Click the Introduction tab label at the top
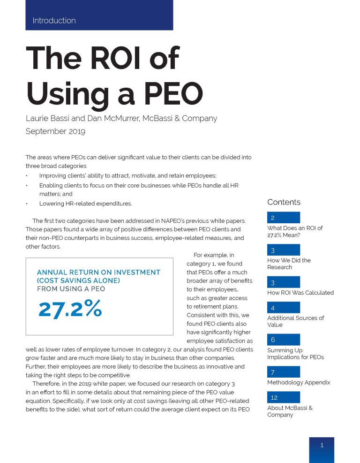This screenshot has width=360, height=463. point(54,21)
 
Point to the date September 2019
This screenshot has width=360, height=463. point(55,131)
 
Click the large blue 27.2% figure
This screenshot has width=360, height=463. point(70,308)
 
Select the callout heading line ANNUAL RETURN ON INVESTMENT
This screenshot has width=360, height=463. point(98,272)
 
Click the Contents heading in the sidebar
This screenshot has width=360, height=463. point(284,202)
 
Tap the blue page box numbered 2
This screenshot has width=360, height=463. point(283,218)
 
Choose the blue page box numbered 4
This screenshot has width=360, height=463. point(283,308)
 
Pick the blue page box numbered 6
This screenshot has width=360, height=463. point(283,340)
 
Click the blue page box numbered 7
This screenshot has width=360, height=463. point(283,372)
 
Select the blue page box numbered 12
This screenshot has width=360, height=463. point(283,397)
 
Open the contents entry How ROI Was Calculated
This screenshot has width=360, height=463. point(300,293)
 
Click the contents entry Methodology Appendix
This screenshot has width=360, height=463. point(299,382)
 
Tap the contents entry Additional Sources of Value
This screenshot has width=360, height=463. point(295,321)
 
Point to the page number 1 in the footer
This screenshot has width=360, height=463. point(322,446)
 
